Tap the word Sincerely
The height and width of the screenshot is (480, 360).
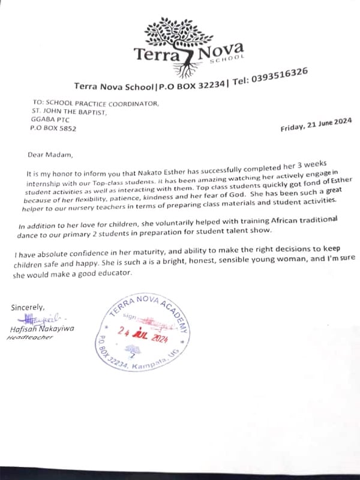click(28, 307)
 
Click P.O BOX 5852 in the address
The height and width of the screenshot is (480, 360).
click(53, 128)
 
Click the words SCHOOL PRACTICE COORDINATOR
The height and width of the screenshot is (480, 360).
click(103, 103)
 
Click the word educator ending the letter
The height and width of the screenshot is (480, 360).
click(110, 273)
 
